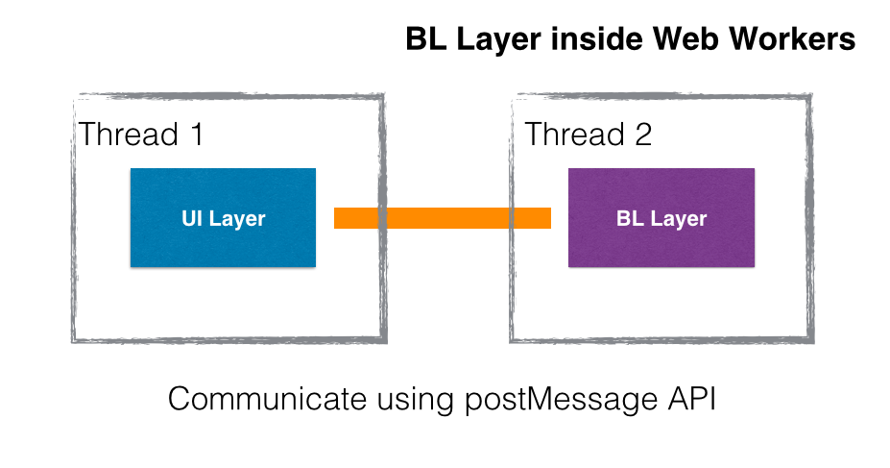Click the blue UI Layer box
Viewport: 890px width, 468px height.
223,217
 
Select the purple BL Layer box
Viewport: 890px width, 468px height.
661,217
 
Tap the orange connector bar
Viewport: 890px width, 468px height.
443,218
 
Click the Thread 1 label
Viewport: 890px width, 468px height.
141,135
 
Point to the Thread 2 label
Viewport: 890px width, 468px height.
588,135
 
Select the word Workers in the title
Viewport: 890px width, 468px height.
792,39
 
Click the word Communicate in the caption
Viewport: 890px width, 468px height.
267,398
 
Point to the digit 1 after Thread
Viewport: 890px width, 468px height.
197,135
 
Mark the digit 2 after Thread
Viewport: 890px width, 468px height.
643,135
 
